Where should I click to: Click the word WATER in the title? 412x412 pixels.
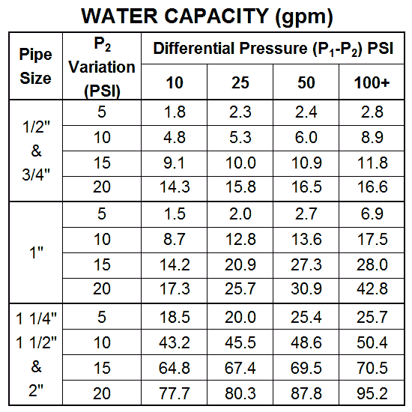click(x=120, y=16)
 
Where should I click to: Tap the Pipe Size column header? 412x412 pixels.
click(x=36, y=67)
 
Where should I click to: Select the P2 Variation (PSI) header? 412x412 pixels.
click(x=102, y=67)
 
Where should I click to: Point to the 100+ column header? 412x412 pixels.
click(x=372, y=82)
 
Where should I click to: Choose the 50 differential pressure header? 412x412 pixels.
click(x=306, y=82)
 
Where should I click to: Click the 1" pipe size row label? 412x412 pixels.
click(x=36, y=252)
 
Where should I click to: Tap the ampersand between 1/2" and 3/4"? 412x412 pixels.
click(x=36, y=151)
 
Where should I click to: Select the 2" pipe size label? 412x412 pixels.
click(x=36, y=390)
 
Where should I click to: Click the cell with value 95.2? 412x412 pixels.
click(x=372, y=393)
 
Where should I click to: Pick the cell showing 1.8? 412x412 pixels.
click(x=175, y=112)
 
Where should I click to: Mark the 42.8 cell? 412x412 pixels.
click(x=372, y=288)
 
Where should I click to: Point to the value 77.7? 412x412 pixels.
click(x=175, y=393)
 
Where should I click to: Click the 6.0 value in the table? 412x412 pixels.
click(x=306, y=137)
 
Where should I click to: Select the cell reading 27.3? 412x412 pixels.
click(x=306, y=264)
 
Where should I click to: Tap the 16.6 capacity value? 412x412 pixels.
click(x=372, y=187)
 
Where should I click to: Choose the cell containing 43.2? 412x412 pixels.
click(x=175, y=342)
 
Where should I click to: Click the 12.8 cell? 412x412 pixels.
click(x=240, y=239)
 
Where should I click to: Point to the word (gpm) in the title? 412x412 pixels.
click(x=304, y=17)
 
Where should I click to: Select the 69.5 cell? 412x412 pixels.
click(x=306, y=368)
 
